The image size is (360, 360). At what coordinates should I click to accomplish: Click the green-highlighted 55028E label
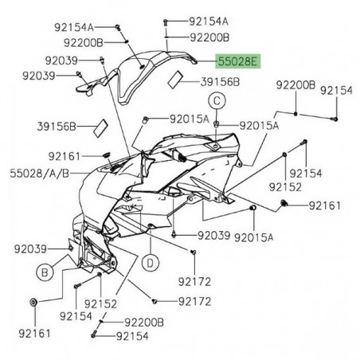241,61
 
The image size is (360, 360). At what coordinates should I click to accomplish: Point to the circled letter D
147,260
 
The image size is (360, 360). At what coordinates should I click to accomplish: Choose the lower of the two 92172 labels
194,302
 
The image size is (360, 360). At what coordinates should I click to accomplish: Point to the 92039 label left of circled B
32,248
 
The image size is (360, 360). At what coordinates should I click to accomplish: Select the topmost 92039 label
61,60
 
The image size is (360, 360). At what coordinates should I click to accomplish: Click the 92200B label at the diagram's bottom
144,323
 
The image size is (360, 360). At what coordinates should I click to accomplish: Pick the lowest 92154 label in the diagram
132,337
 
